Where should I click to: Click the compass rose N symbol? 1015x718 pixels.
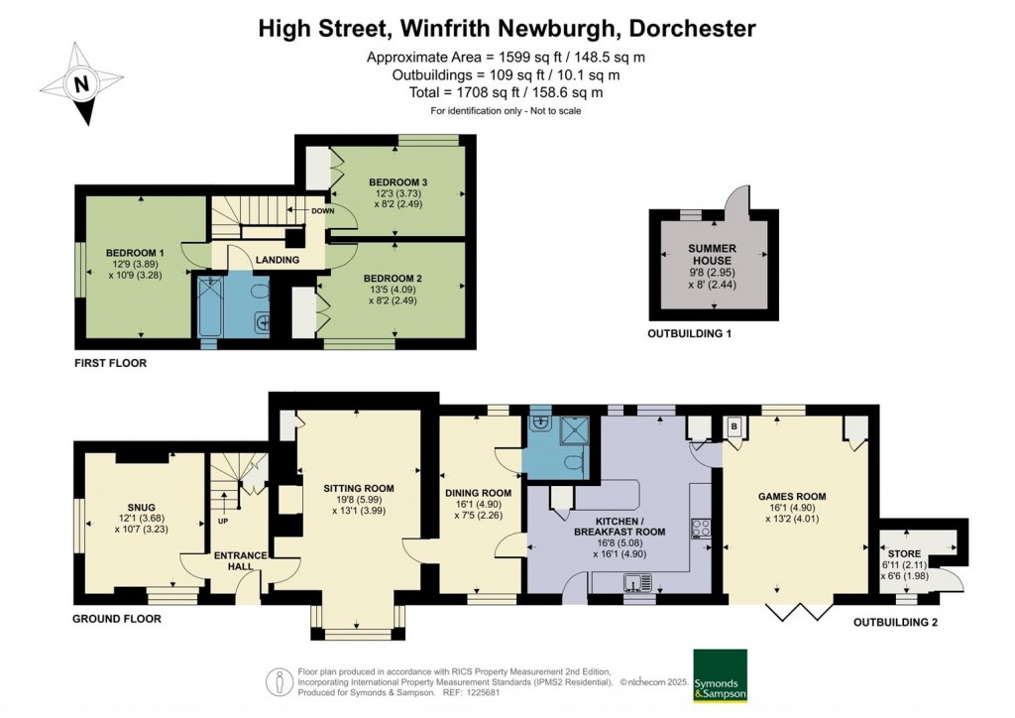point(82,84)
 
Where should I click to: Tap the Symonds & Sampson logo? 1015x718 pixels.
point(719,675)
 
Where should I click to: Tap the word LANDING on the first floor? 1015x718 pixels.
point(278,260)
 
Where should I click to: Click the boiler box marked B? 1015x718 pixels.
point(734,424)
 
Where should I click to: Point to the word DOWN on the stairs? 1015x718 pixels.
point(323,211)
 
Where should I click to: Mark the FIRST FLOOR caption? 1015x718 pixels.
point(110,364)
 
